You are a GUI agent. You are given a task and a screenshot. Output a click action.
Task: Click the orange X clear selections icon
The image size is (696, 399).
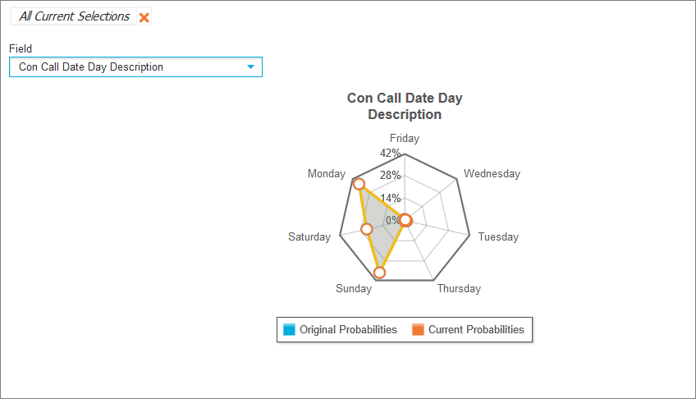[x=144, y=17]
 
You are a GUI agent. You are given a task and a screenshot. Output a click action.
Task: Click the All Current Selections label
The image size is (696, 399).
[x=74, y=16]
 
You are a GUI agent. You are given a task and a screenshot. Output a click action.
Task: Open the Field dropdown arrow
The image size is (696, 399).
[x=251, y=67]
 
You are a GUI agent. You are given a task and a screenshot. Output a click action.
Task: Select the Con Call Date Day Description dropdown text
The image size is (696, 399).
[x=91, y=67]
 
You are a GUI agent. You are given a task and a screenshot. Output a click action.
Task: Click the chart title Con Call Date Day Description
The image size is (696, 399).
[x=405, y=106]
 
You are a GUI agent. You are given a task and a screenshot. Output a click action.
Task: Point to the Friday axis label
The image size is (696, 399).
[x=405, y=138]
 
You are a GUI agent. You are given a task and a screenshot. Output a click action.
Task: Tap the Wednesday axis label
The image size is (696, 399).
[x=492, y=173]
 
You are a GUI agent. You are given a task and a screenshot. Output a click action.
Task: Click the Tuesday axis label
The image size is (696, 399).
[x=498, y=236]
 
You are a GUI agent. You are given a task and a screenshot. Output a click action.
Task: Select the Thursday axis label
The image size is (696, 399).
[x=459, y=288]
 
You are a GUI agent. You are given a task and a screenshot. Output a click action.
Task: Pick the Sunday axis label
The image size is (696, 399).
[x=354, y=288]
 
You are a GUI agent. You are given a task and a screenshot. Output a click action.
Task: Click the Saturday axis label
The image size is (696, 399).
[x=309, y=236]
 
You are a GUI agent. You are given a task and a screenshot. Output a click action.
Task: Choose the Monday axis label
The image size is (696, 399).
[x=327, y=173]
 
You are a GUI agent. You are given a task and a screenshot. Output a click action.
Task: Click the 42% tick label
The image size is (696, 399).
[x=390, y=153]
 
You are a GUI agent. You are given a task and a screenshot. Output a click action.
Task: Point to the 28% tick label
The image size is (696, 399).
[x=390, y=175]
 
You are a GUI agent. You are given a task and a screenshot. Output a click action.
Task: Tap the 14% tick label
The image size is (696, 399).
[x=390, y=198]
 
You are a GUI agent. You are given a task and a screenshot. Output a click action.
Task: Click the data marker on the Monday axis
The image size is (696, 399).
[x=359, y=185]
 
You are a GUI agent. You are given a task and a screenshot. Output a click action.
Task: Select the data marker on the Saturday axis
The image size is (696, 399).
[x=367, y=229]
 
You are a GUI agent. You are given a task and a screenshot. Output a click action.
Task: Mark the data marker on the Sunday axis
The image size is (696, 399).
[x=379, y=272]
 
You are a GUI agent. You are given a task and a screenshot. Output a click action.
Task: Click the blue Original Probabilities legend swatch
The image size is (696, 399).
[x=289, y=329]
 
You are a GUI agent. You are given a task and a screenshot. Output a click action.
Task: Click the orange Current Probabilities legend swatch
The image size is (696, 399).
[x=418, y=329]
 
